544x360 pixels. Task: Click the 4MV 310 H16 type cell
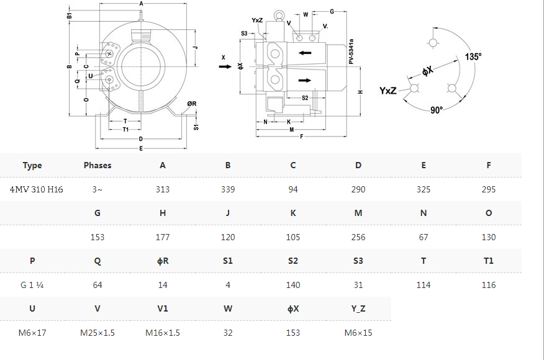tap(37, 189)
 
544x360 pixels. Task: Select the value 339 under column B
tap(228, 189)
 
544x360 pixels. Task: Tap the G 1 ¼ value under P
tap(32, 285)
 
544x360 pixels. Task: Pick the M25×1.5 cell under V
tap(97, 333)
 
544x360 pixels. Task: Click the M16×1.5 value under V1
tap(163, 333)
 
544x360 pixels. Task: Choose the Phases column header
tap(97, 166)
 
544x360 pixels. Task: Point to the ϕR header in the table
tap(163, 261)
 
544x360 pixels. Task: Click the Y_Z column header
tap(358, 308)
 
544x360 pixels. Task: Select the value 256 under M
tap(358, 237)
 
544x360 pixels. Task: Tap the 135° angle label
tap(473, 56)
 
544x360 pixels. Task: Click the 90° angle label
tap(437, 110)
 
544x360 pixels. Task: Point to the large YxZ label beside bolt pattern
tap(388, 91)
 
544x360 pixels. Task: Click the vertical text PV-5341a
tap(351, 52)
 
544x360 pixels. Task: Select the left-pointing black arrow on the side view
tap(305, 53)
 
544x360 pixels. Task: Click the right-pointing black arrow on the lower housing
tap(305, 81)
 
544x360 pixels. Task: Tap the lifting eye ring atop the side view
tap(279, 16)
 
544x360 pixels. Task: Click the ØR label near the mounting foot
tap(192, 104)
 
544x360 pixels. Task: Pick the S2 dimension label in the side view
tap(305, 98)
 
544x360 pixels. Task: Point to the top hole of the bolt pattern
tap(433, 43)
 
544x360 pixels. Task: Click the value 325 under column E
tap(424, 189)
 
